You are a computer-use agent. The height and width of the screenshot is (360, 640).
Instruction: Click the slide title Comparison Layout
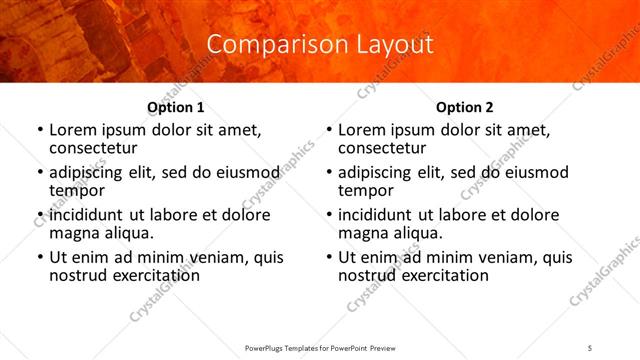(x=320, y=45)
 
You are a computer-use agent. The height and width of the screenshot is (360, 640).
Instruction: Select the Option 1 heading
(x=176, y=107)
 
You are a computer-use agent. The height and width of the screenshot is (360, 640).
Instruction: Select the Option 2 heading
(x=465, y=107)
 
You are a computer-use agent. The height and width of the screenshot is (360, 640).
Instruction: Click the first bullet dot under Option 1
(x=39, y=131)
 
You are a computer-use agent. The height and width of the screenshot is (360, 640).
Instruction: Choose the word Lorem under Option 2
(x=362, y=130)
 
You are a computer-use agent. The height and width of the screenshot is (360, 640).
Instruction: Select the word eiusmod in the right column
(x=536, y=172)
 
